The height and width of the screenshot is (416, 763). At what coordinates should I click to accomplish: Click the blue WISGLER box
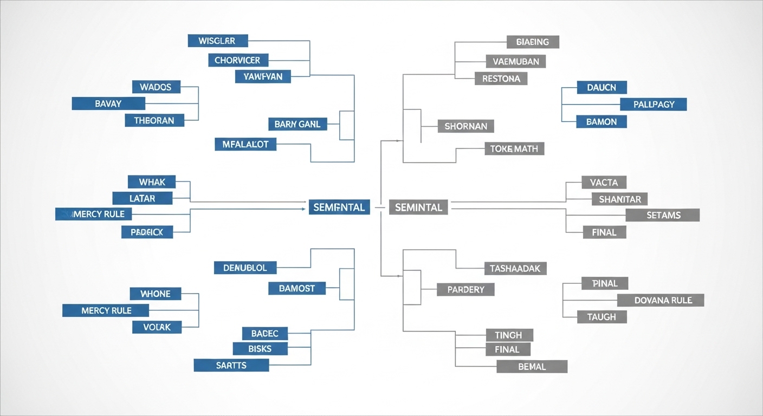pyautogui.click(x=218, y=41)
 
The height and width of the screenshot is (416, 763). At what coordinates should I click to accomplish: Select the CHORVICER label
pyautogui.click(x=238, y=60)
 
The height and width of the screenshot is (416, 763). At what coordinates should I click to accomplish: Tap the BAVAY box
pyautogui.click(x=108, y=103)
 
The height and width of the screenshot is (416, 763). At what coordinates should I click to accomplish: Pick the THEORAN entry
pyautogui.click(x=154, y=120)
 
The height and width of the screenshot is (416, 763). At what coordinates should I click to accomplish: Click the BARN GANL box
pyautogui.click(x=298, y=124)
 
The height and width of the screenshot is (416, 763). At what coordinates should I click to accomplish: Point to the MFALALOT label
pyautogui.click(x=245, y=144)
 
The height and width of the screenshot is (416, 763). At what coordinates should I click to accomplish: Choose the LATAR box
pyautogui.click(x=143, y=198)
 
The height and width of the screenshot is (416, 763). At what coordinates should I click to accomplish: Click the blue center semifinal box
pyautogui.click(x=339, y=206)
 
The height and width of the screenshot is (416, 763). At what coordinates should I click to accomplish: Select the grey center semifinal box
pyautogui.click(x=418, y=206)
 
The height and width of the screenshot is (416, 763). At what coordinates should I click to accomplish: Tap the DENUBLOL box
pyautogui.click(x=245, y=268)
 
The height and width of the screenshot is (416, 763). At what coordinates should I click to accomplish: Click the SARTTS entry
pyautogui.click(x=231, y=365)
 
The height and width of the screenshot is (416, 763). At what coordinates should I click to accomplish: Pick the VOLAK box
pyautogui.click(x=157, y=327)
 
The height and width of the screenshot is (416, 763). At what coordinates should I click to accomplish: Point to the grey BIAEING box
pyautogui.click(x=533, y=42)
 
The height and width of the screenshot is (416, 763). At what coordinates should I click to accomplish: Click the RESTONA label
pyautogui.click(x=501, y=79)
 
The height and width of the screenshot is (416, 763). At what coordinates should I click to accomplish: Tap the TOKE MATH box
pyautogui.click(x=514, y=148)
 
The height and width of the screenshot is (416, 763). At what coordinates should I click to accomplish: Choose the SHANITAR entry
pyautogui.click(x=619, y=199)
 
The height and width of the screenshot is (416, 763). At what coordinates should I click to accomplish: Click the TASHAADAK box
pyautogui.click(x=515, y=268)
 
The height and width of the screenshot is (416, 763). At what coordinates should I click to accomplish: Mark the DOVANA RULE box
pyautogui.click(x=661, y=300)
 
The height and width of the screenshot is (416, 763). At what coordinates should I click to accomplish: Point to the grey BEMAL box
pyautogui.click(x=532, y=367)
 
